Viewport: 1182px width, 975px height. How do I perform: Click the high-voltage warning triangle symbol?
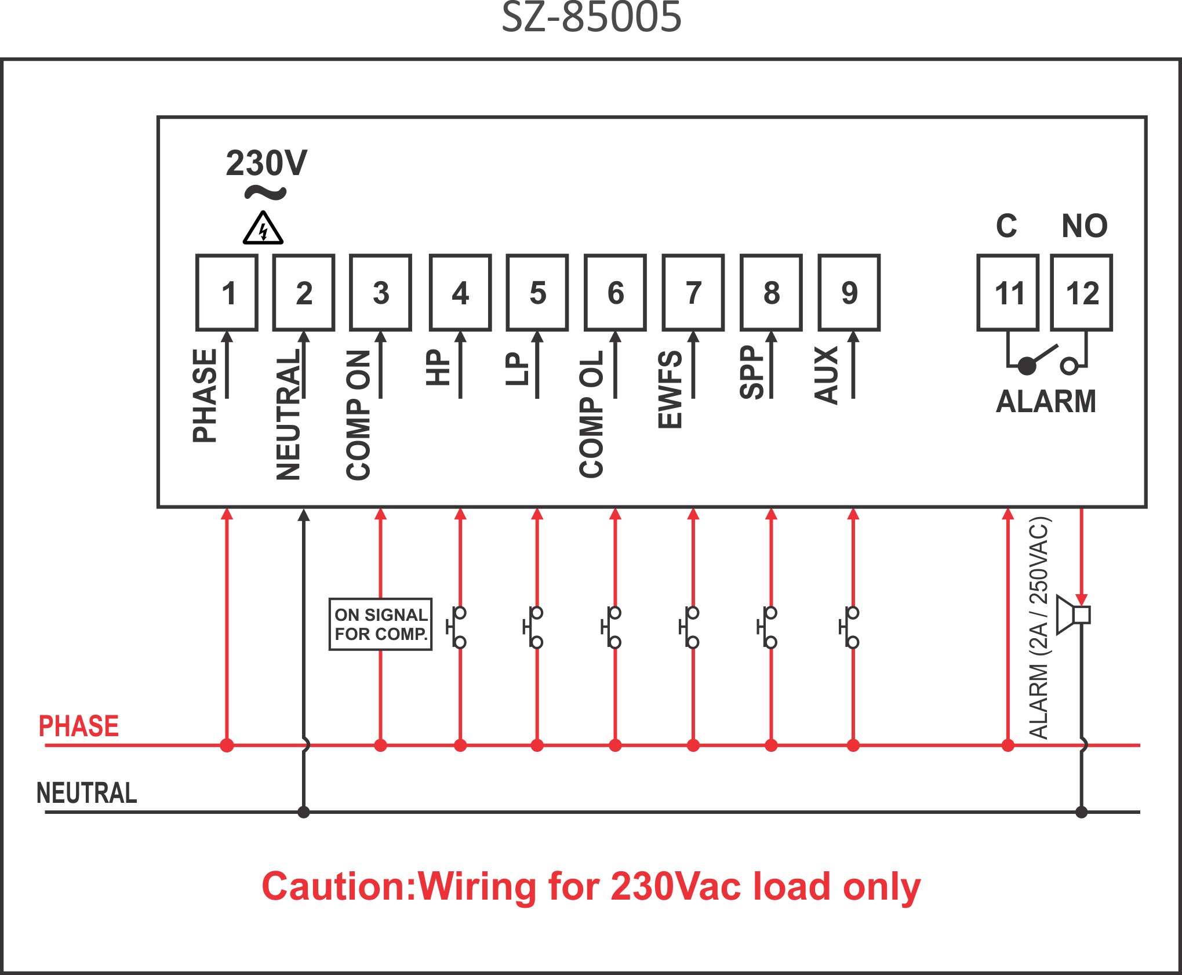point(263,228)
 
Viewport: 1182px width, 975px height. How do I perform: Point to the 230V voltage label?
point(267,163)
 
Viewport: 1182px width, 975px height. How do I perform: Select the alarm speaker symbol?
point(1073,614)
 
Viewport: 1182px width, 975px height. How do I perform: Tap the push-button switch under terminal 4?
point(456,627)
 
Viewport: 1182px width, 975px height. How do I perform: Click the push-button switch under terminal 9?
point(849,627)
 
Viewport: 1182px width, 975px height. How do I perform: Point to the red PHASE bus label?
point(79,726)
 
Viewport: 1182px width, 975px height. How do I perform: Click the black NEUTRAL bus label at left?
point(87,793)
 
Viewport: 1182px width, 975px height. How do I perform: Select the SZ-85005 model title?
point(591,17)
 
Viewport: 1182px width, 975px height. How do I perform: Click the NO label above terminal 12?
point(1085,225)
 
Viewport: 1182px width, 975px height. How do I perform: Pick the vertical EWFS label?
point(670,389)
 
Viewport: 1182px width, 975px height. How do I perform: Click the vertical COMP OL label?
point(591,414)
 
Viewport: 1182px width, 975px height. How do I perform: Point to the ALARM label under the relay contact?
point(1046,401)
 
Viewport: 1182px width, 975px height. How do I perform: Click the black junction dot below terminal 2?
point(303,812)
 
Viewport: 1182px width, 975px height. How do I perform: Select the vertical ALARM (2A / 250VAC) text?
point(1039,628)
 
